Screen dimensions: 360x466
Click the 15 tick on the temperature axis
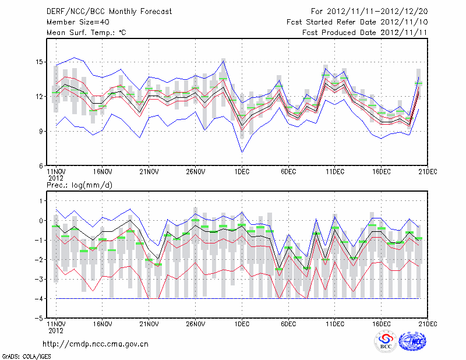[40, 62]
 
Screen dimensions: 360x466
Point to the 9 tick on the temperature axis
[41, 131]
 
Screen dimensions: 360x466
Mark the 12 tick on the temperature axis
[40, 97]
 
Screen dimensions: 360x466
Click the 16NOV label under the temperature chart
[103, 172]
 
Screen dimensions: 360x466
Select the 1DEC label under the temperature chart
[242, 172]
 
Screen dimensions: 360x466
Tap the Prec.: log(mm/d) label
[79, 185]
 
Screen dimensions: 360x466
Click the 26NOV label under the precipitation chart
[196, 324]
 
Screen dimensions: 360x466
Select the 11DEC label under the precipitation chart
[335, 324]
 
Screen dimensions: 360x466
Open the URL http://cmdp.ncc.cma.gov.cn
[96, 344]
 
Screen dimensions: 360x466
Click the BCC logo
[385, 343]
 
